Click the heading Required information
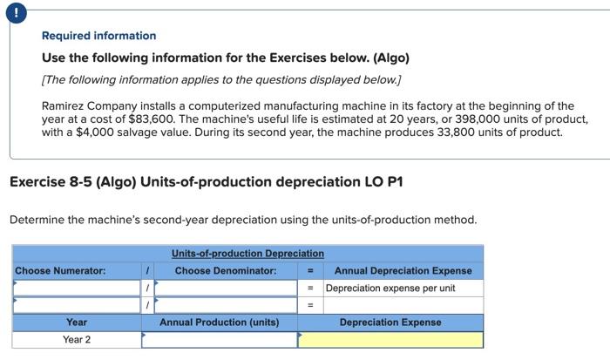tap(99, 36)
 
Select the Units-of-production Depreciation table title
tap(247, 254)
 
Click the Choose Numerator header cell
tap(60, 270)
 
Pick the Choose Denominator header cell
tap(225, 270)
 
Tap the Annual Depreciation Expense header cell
tap(403, 270)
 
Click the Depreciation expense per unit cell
tap(390, 288)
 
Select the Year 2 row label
tap(77, 339)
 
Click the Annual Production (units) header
tap(219, 323)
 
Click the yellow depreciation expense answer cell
tap(390, 339)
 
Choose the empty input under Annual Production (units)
tap(219, 339)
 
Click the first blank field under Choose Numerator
tap(76, 288)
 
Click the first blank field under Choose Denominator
tap(225, 288)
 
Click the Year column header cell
tap(77, 323)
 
